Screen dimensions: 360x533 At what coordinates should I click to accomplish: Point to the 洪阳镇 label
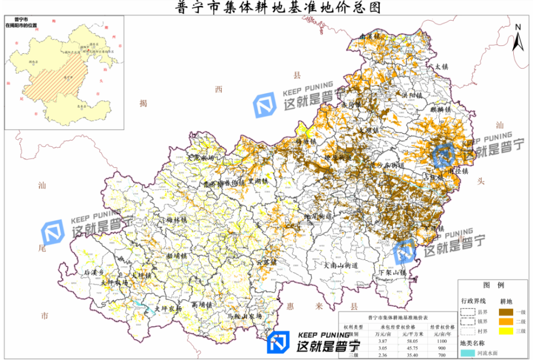click(x=411, y=95)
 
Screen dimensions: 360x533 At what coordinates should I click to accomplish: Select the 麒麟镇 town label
click(x=440, y=109)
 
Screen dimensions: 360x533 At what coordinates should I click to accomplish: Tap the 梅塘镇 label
click(x=306, y=141)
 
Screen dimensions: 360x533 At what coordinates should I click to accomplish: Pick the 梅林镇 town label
click(x=177, y=219)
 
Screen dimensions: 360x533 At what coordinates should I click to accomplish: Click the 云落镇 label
click(x=266, y=262)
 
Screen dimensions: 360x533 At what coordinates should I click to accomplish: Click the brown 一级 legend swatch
click(x=506, y=311)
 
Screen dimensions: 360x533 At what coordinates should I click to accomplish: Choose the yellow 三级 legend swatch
click(x=506, y=331)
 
